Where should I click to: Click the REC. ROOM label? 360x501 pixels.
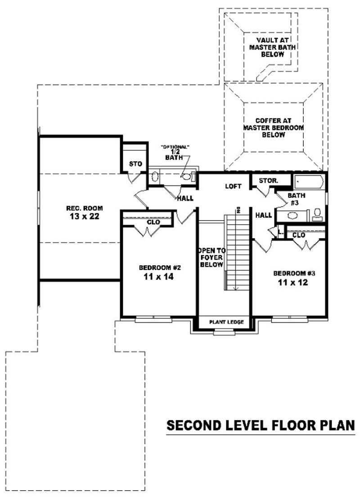tap(85, 208)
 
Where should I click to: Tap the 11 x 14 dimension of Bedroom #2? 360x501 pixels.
tap(156, 277)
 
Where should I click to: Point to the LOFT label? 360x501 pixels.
tap(233, 186)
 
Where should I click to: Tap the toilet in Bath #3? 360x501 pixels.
tap(317, 213)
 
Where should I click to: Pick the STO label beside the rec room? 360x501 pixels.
tap(135, 164)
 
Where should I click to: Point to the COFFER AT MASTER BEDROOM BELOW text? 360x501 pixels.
tap(274, 128)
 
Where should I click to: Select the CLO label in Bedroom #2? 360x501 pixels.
tap(153, 222)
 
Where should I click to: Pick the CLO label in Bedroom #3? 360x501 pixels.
tap(299, 235)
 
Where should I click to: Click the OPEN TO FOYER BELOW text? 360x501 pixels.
tap(211, 257)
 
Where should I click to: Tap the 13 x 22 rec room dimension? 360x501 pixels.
tap(85, 216)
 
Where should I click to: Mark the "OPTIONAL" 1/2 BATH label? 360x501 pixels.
tap(175, 153)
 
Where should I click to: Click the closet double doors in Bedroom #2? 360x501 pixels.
tap(148, 231)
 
